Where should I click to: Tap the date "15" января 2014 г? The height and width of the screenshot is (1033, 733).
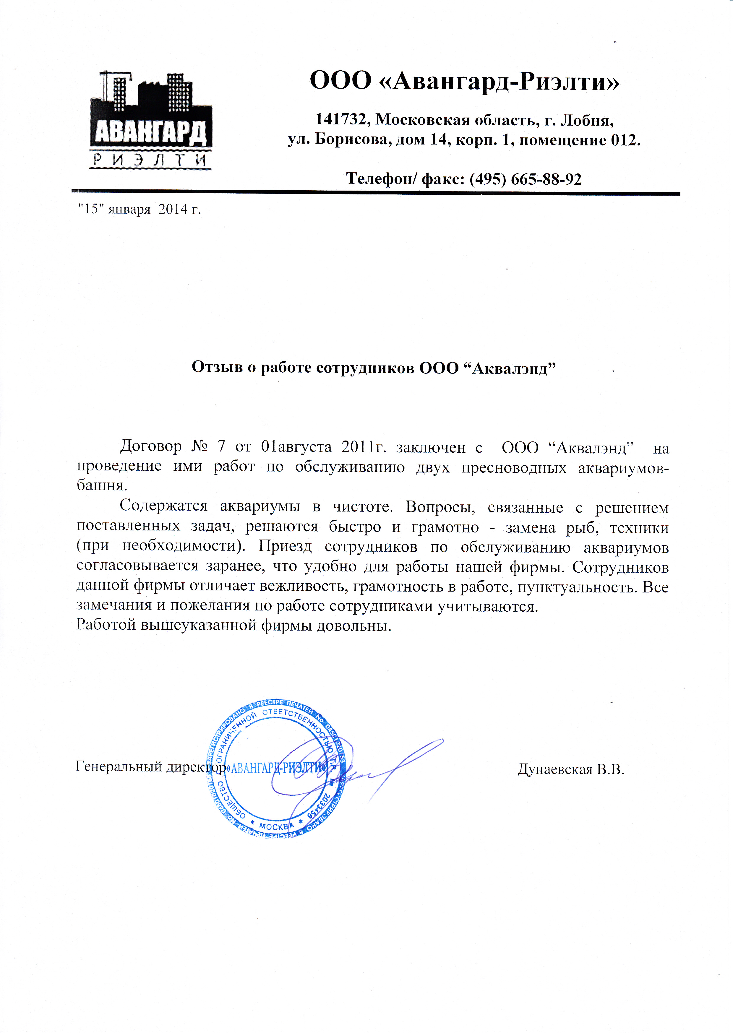[x=139, y=209]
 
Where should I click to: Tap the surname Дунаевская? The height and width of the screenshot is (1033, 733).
[x=555, y=769]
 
